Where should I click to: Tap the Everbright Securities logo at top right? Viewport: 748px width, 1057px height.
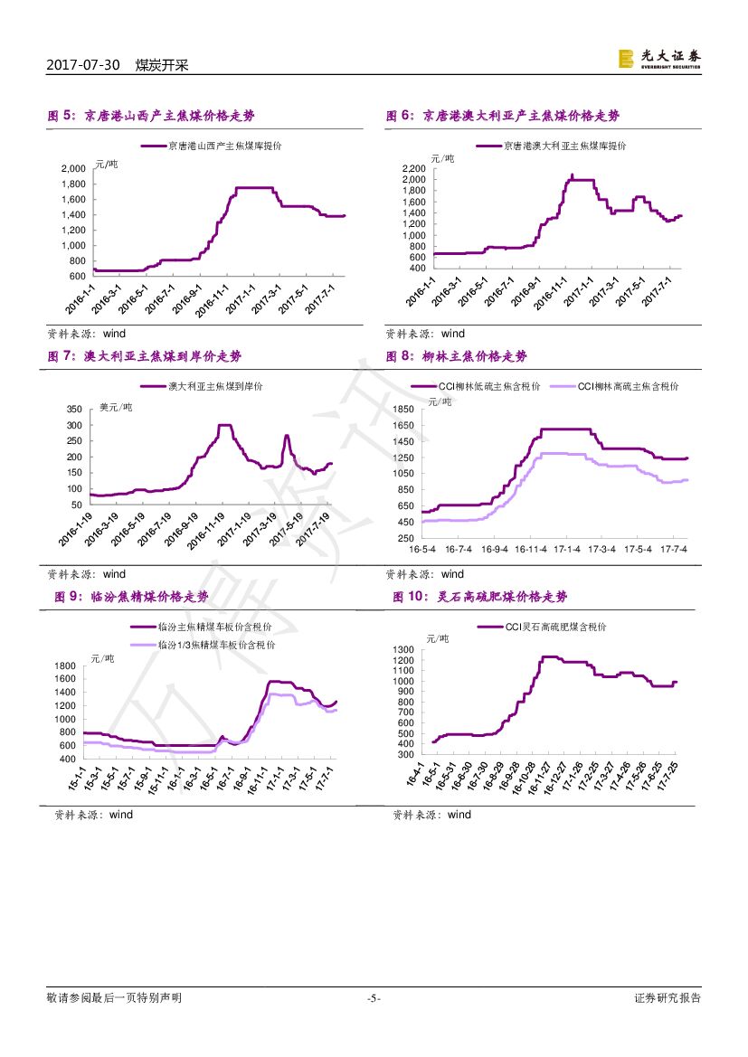(658, 59)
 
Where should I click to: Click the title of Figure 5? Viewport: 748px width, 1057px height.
(151, 116)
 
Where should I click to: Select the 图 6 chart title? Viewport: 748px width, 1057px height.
(503, 116)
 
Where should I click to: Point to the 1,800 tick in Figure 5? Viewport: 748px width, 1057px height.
(74, 184)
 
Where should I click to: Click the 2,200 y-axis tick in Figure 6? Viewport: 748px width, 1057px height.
(412, 168)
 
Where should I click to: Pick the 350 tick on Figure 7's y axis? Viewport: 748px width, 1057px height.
(74, 410)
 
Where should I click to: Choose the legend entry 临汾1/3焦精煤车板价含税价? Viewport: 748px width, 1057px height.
(216, 645)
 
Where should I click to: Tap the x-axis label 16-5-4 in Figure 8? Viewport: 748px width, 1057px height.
(422, 549)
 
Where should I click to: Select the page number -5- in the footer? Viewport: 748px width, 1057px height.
(374, 998)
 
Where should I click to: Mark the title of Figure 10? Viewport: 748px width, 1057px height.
(480, 597)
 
